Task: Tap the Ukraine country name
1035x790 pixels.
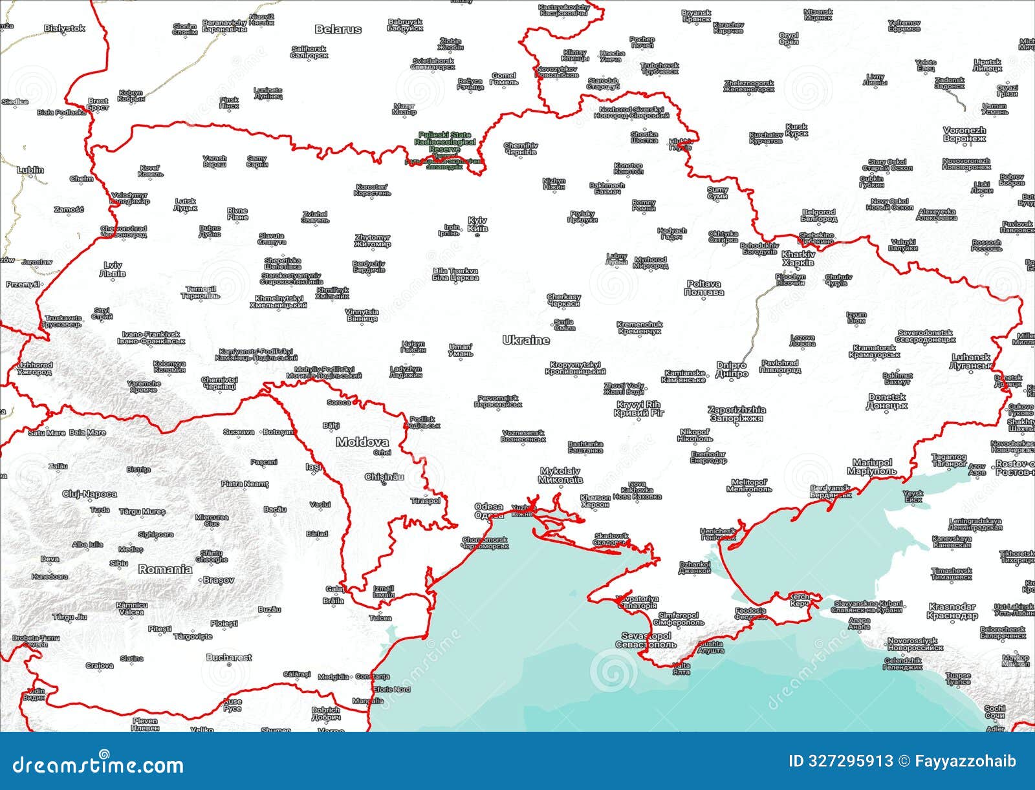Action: pos(526,340)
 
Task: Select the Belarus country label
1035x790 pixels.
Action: pos(338,29)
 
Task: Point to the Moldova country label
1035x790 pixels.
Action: pos(362,443)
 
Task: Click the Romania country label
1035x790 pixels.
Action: pos(165,570)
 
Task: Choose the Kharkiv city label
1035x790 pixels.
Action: pos(798,259)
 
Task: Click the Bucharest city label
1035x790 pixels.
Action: pos(229,657)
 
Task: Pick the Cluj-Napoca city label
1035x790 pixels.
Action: pos(90,494)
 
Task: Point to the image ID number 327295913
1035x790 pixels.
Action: pos(841,761)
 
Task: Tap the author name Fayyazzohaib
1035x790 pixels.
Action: pos(965,761)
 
